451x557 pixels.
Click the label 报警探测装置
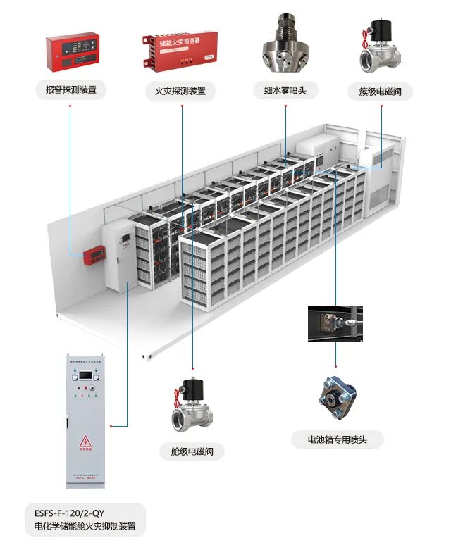click(x=70, y=90)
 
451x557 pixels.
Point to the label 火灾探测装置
click(x=180, y=92)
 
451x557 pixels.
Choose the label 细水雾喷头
click(x=285, y=90)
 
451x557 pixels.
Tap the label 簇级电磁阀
click(x=380, y=92)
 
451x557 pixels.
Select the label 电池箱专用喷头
click(x=336, y=440)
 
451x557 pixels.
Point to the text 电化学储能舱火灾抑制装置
click(x=85, y=526)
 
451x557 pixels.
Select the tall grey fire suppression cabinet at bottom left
click(x=87, y=421)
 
